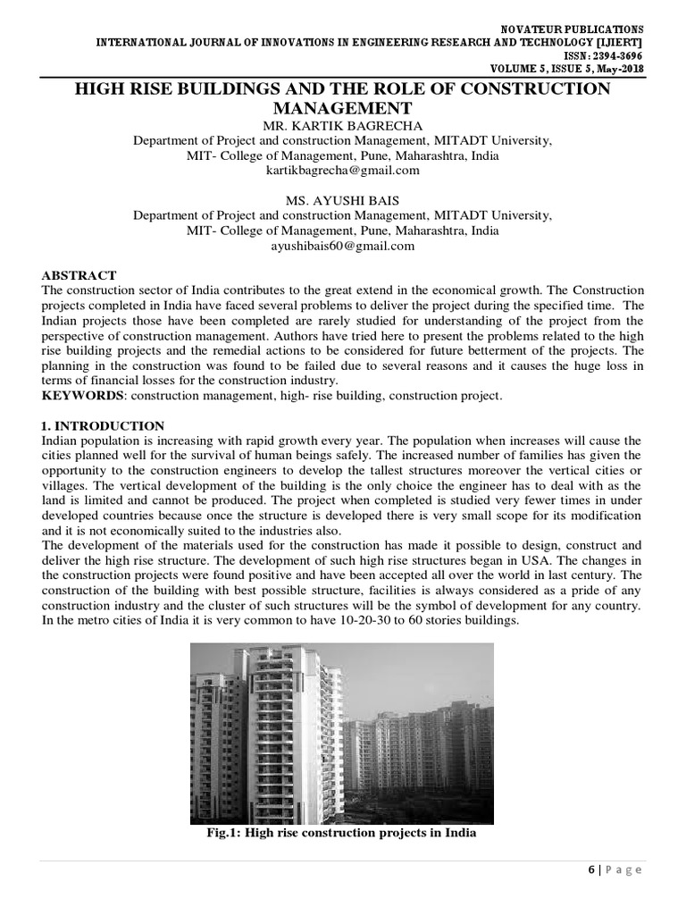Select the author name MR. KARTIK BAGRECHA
(342, 125)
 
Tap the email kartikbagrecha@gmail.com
(342, 170)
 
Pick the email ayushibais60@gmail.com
(342, 246)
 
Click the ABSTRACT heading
(79, 275)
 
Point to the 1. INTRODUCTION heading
(103, 425)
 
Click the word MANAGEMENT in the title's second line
(342, 107)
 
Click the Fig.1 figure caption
(342, 833)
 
